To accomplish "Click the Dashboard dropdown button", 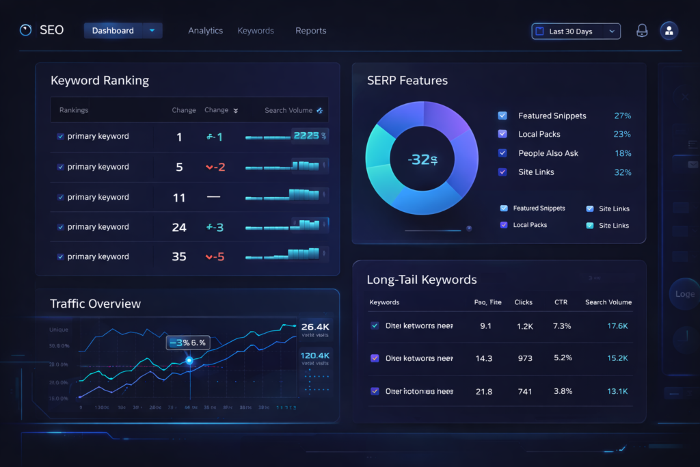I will coord(123,31).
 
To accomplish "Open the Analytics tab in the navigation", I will coord(206,31).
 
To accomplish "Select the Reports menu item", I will coord(310,31).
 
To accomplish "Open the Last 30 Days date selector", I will coord(576,31).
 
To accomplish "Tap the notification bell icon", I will coord(642,31).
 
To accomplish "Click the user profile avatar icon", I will coord(669,31).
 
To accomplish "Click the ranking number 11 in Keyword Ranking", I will coord(179,198).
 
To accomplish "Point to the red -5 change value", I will coord(215,257).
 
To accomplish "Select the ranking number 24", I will coord(179,227).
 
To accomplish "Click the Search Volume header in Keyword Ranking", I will coord(288,110).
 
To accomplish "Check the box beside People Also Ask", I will coord(502,153).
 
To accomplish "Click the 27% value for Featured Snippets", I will coord(622,116).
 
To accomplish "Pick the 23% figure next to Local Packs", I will coord(622,134).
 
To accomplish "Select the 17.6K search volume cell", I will coord(617,326).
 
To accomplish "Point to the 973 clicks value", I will coord(524,358).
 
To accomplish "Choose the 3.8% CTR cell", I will coord(562,391).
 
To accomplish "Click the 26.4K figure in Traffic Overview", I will coord(315,327).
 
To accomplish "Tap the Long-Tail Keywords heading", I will coord(422,280).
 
